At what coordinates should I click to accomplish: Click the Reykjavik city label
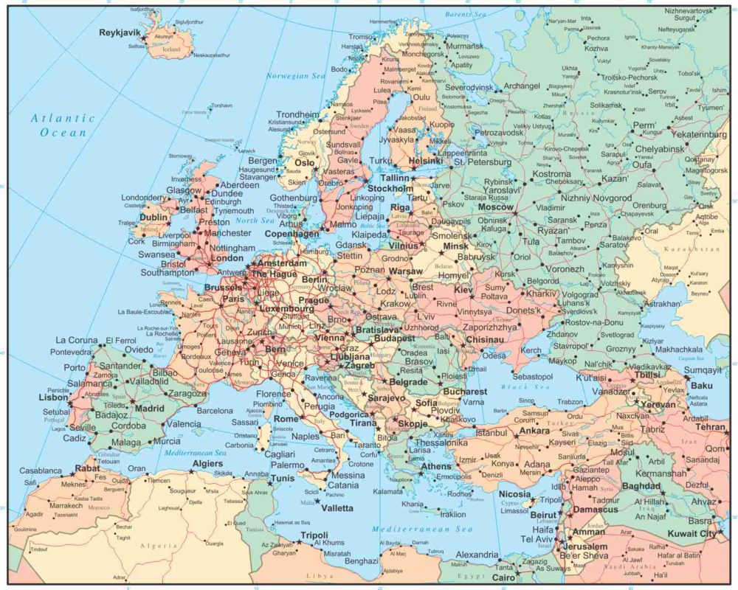pos(121,32)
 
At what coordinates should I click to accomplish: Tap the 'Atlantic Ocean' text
pos(63,125)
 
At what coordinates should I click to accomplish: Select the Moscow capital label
pos(495,207)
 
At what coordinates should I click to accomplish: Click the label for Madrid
pos(149,408)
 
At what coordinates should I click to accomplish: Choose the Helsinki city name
pos(424,160)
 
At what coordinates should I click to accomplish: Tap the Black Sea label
pos(520,386)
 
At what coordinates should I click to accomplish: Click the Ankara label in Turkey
pos(534,430)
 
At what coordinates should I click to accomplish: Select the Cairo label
pos(503,577)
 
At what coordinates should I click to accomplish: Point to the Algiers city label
pos(207,463)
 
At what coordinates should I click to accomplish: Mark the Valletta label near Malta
pos(336,508)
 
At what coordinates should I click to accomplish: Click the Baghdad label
pos(641,486)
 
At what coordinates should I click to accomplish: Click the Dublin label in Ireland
pos(154,218)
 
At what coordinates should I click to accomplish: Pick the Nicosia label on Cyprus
pos(514,493)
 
